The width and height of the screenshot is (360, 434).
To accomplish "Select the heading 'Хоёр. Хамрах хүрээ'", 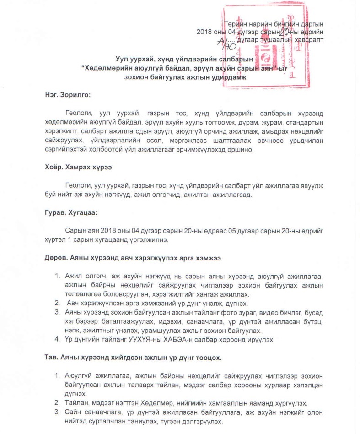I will pyautogui.click(x=75, y=167).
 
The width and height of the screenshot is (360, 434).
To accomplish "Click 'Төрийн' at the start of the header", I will pyautogui.click(x=235, y=23).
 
